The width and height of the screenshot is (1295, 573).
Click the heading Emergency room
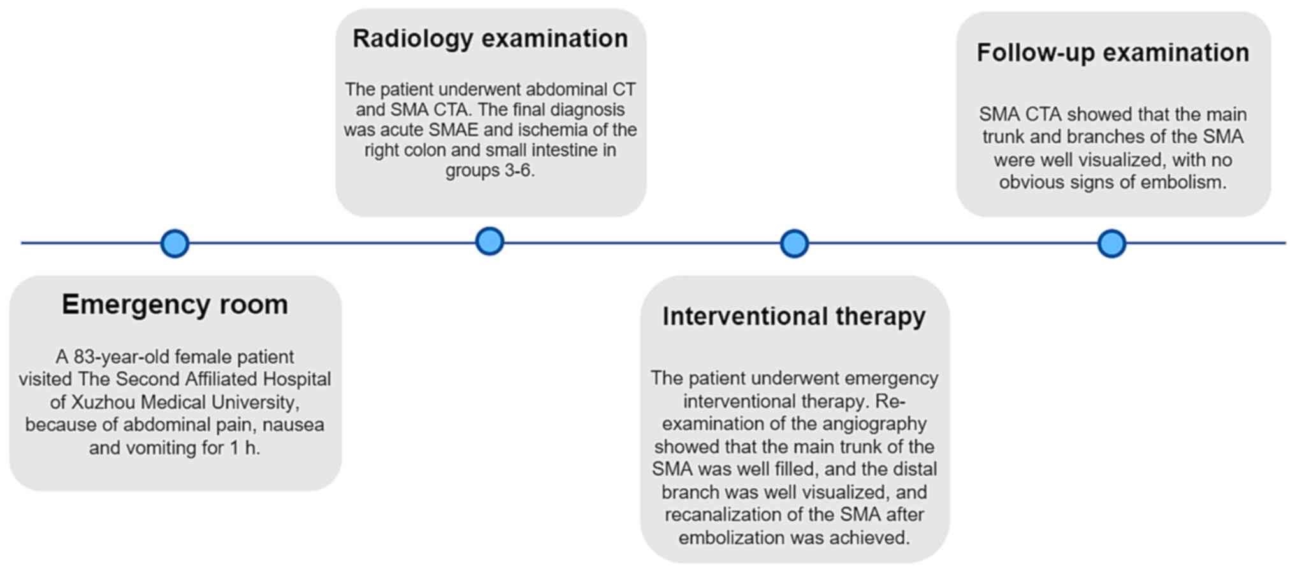[x=175, y=304]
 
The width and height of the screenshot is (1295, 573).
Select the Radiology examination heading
[x=490, y=39]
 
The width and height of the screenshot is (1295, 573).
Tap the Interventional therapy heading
[x=793, y=316]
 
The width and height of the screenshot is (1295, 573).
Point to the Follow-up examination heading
[x=1113, y=53]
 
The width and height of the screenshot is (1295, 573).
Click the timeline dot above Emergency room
[x=175, y=243]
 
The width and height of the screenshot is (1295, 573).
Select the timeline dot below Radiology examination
[x=489, y=241]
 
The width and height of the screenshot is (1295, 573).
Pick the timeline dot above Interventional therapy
[x=794, y=243]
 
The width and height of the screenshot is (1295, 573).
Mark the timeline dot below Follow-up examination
[x=1111, y=243]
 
